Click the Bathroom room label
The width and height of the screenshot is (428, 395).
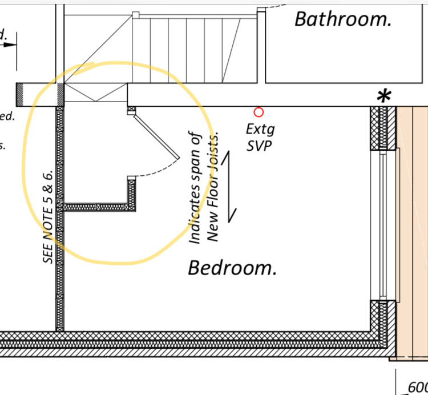pos(343,19)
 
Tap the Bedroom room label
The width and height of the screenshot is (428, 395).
pos(232,267)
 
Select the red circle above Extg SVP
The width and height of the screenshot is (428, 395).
pos(259,112)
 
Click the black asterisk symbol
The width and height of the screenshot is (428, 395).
pos(385,96)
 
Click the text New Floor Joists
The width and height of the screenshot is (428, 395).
pos(213,188)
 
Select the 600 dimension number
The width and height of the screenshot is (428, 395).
pos(417,388)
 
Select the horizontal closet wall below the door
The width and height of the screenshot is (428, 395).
pos(97,207)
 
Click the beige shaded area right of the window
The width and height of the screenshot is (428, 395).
pos(412,228)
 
